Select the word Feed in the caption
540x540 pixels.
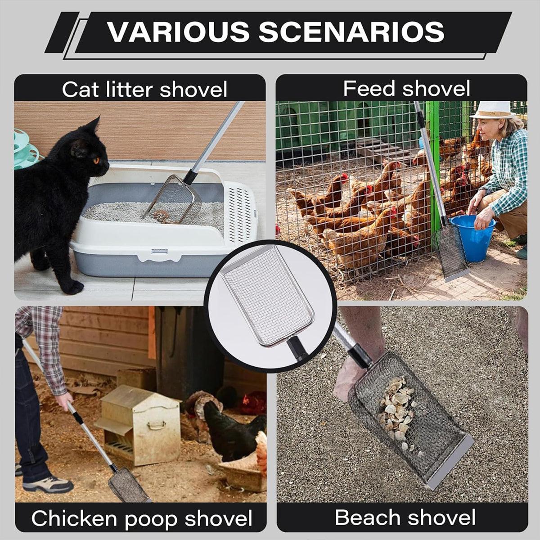364,88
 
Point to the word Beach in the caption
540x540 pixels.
363,517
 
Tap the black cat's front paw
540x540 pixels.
72,287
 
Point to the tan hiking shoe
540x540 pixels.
48,484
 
